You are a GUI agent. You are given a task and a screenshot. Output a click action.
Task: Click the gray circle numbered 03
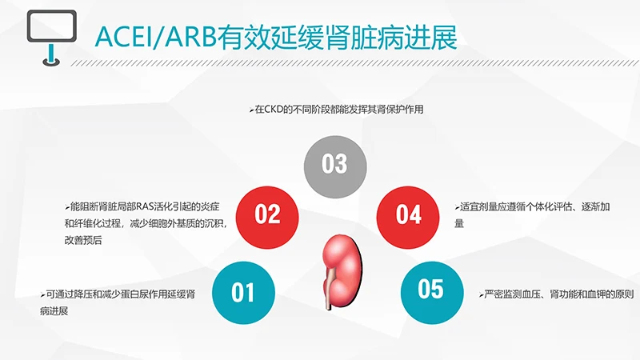(x=334, y=164)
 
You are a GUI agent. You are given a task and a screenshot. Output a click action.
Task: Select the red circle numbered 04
(x=409, y=214)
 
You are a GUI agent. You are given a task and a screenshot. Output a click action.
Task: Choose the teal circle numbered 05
(x=430, y=289)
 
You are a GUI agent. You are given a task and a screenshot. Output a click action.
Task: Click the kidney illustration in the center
(x=341, y=264)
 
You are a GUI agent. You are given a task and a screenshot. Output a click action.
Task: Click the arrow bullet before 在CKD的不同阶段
(x=251, y=110)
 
